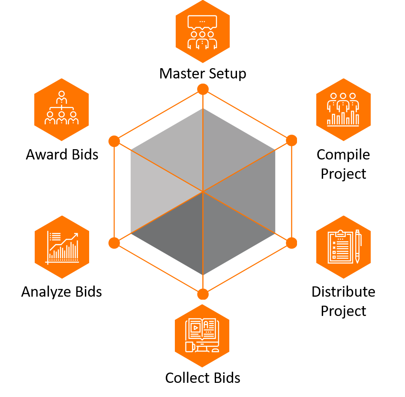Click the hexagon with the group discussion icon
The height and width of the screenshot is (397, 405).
pyautogui.click(x=202, y=31)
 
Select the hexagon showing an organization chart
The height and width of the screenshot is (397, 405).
pyautogui.click(x=61, y=110)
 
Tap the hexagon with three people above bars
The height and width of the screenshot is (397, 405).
pyautogui.click(x=343, y=110)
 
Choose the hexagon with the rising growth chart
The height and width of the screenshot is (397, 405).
pyautogui.click(x=62, y=247)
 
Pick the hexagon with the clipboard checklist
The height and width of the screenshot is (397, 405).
pyautogui.click(x=343, y=247)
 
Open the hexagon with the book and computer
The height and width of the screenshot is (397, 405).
pyautogui.click(x=202, y=336)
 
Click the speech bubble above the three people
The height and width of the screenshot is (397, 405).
pyautogui.click(x=202, y=22)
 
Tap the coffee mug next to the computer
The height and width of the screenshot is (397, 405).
pyautogui.click(x=189, y=347)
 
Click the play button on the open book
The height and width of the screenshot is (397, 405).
pyautogui.click(x=195, y=328)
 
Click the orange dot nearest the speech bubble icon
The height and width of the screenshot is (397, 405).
pyautogui.click(x=203, y=89)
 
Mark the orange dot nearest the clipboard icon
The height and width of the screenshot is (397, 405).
pyautogui.click(x=291, y=243)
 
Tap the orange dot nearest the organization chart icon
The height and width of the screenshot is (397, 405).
pyautogui.click(x=114, y=141)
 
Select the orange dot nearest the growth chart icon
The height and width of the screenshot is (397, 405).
pyautogui.click(x=114, y=243)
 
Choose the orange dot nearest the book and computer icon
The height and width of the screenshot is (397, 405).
pyautogui.click(x=203, y=294)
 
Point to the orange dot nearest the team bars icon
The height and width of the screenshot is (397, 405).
pyautogui.click(x=291, y=140)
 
